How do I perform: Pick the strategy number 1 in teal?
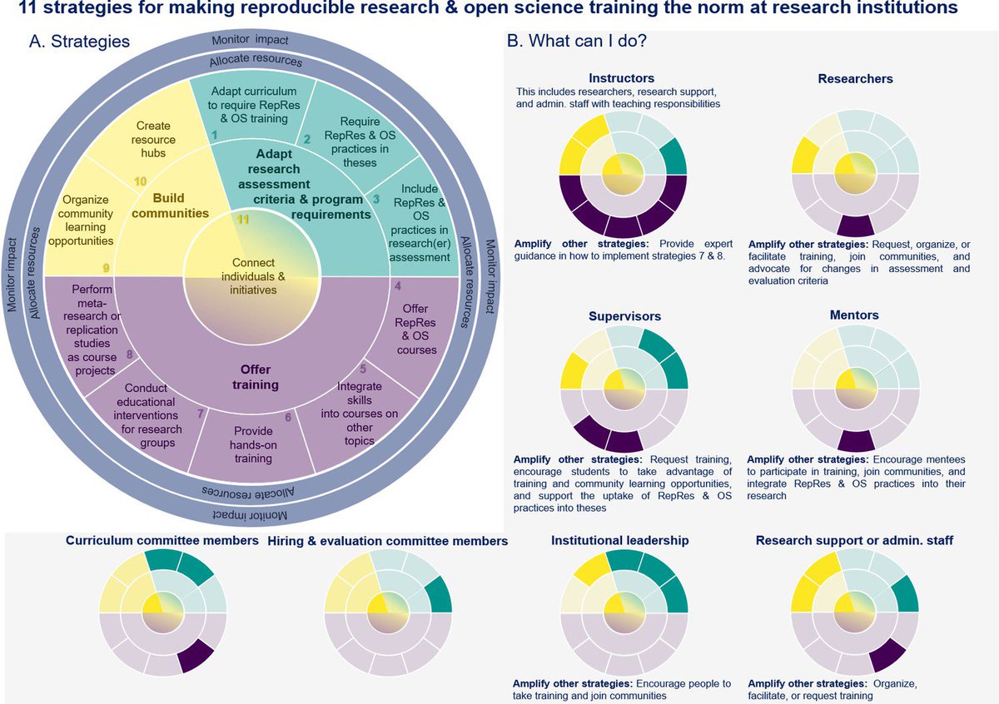tap(214, 134)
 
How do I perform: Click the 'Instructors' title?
tap(622, 78)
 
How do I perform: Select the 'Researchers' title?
tap(855, 78)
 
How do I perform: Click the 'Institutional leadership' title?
tap(619, 540)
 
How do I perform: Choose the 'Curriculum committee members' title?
tap(162, 541)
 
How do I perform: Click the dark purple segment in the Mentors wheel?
tap(855, 442)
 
